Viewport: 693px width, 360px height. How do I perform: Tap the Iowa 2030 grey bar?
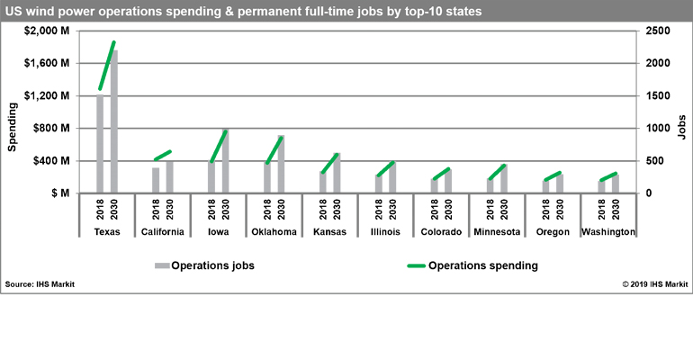tap(225, 162)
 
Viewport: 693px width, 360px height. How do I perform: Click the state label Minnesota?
tap(498, 232)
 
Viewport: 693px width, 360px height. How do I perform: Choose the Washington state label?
tap(608, 232)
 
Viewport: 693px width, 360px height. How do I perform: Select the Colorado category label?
tap(442, 232)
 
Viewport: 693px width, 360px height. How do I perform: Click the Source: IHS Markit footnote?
tap(40, 284)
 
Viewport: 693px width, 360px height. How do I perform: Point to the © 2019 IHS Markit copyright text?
tap(654, 284)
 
